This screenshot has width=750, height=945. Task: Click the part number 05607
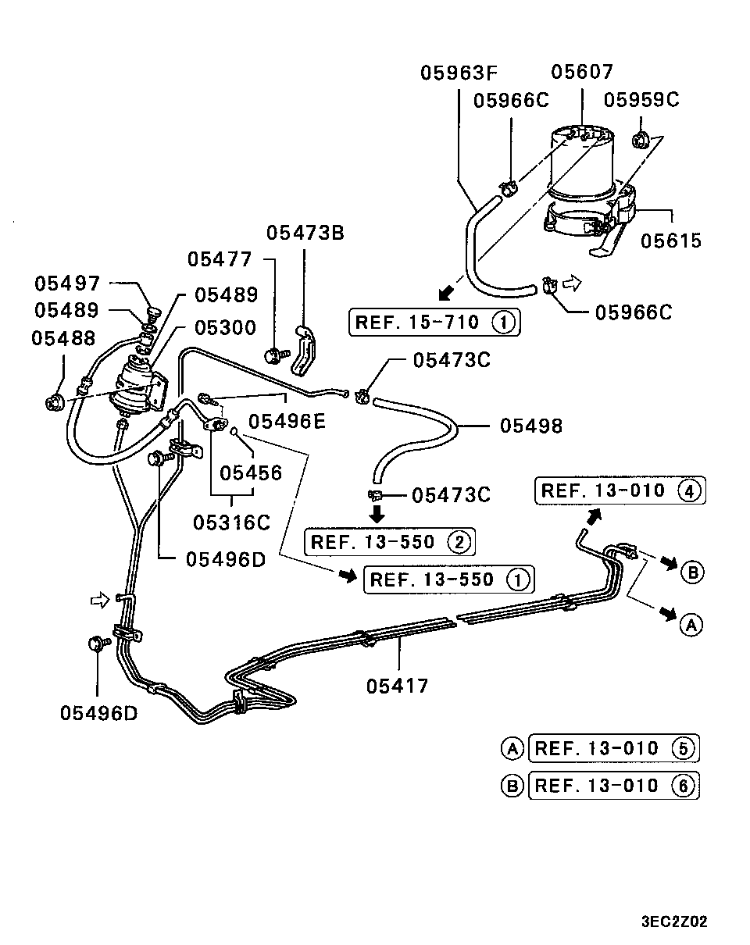[582, 72]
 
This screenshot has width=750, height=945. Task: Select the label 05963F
[459, 73]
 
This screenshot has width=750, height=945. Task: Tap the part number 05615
[671, 241]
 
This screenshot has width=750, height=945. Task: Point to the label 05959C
[641, 100]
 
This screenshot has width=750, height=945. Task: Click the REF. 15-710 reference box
[434, 323]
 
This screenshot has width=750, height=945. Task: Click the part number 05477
[220, 259]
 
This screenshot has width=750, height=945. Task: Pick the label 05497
[68, 283]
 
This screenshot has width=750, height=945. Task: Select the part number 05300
[226, 327]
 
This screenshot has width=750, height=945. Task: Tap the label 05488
[64, 338]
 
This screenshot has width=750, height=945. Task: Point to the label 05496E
[287, 422]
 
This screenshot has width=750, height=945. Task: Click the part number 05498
[531, 426]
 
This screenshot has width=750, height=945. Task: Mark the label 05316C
[231, 522]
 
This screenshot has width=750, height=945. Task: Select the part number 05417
[397, 686]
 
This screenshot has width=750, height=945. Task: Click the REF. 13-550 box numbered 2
[390, 542]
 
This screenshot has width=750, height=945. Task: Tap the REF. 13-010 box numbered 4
[620, 490]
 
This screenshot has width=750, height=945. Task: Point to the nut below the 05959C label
[640, 140]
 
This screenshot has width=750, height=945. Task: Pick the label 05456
[251, 473]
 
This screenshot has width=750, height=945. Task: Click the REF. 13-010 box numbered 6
[614, 785]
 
